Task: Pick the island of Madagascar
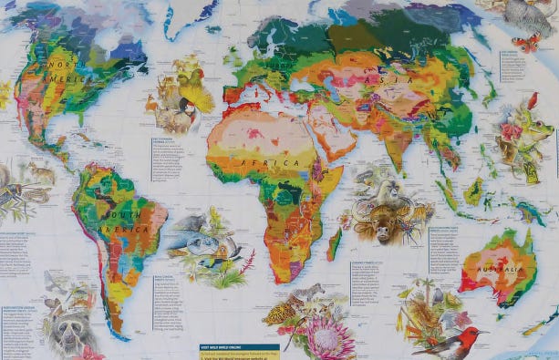pos(335,242)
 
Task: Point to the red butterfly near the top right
pos(525,42)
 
